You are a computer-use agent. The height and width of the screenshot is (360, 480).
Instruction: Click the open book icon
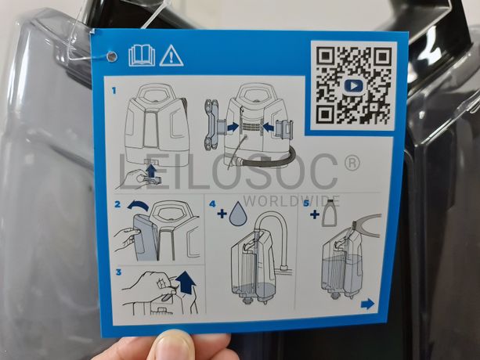point(142,56)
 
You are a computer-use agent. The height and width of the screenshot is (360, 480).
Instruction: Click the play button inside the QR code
point(354,86)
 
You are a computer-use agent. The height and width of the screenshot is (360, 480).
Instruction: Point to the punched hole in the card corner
point(112,56)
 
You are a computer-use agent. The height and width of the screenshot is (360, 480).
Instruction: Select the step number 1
point(114,91)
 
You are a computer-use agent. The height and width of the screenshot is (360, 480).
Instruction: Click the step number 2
point(118,204)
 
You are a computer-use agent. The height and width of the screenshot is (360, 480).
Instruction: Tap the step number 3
point(118,272)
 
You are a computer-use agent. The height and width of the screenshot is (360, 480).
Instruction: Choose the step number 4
point(212,203)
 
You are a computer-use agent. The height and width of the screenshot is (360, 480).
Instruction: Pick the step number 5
point(306,203)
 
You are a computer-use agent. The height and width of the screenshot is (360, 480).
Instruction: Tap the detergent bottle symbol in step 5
point(329,213)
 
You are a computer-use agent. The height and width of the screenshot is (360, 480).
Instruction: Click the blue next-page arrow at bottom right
point(368,304)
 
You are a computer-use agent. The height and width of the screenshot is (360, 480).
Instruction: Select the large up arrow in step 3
point(186,283)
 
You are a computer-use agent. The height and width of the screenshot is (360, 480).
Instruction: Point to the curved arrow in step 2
point(138,206)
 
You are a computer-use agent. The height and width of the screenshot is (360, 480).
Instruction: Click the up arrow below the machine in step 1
point(152,172)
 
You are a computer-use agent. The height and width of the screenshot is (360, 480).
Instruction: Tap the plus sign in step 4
point(222,213)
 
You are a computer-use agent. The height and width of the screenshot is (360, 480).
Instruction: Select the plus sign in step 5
point(314,214)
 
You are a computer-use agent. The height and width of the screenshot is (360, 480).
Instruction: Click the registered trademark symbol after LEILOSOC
point(352,163)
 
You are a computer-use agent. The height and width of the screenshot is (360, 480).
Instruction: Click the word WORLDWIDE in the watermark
point(291,201)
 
